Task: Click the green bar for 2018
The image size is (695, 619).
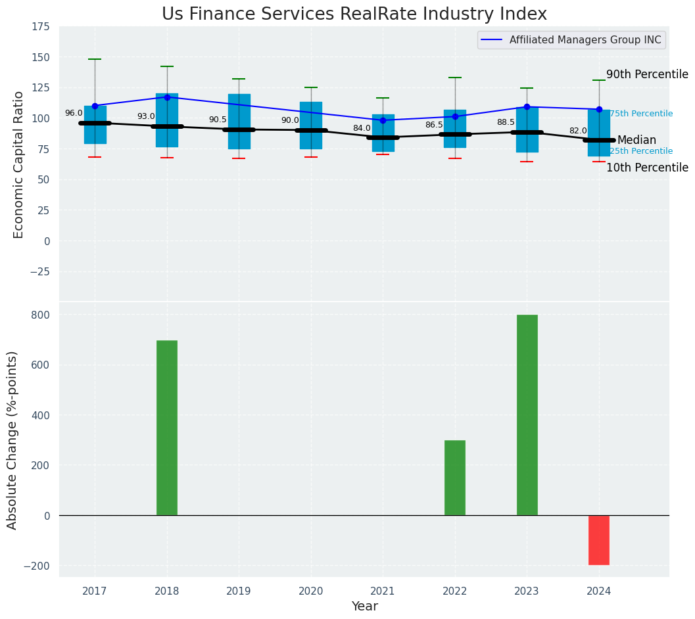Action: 167,427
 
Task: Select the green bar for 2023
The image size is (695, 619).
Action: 527,415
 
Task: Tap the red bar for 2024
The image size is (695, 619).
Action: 599,540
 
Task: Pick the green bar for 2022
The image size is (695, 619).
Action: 455,478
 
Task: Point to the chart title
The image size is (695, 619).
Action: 354,14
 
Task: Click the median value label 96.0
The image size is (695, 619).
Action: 74,113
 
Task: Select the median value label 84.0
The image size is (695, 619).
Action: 362,128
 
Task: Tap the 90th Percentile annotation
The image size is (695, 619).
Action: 647,75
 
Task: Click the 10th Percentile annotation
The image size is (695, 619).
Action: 647,168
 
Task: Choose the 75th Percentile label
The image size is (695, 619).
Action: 641,114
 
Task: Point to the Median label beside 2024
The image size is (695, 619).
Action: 636,141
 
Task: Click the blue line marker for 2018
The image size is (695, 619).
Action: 167,97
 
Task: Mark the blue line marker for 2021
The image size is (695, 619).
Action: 383,120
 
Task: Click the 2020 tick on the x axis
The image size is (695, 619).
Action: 311,591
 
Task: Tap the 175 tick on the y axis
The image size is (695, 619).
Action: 41,26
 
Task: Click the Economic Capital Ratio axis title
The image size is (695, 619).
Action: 18,164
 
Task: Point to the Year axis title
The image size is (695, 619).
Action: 364,607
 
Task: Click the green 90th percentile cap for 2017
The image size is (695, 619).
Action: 95,59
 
